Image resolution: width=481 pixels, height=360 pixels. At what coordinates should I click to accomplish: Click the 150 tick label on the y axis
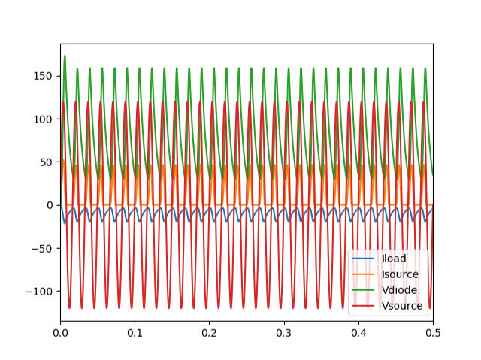(x=45, y=76)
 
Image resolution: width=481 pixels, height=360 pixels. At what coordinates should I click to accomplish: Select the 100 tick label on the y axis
(x=45, y=119)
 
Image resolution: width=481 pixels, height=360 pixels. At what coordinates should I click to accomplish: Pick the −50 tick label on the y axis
(x=44, y=248)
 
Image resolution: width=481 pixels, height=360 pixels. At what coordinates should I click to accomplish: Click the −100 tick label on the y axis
(x=41, y=292)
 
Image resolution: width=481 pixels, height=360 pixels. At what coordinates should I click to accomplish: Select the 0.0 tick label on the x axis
(x=61, y=332)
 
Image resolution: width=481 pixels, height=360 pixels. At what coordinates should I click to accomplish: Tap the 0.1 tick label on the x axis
(x=135, y=332)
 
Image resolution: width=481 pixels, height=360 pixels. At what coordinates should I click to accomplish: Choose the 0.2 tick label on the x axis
(x=210, y=332)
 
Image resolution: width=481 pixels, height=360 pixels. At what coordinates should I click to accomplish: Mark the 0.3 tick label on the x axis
(x=284, y=332)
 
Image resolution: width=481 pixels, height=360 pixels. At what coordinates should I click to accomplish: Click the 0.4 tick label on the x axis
(x=358, y=332)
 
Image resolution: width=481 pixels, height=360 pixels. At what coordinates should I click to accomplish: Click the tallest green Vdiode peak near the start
(x=65, y=56)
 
